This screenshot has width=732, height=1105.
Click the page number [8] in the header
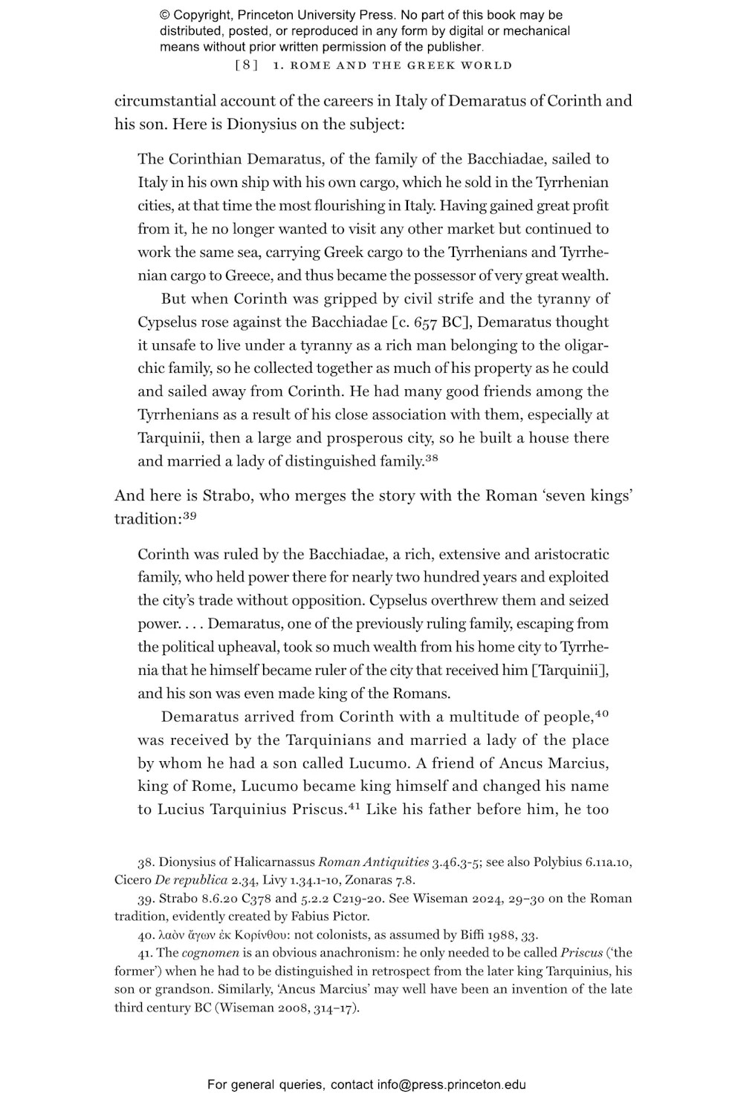247,65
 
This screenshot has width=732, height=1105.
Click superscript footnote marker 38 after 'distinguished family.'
432,458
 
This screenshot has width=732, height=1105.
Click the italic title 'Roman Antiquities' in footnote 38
374,863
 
